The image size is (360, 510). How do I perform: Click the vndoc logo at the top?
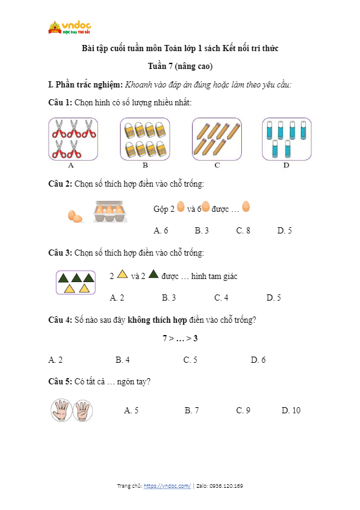point(70,27)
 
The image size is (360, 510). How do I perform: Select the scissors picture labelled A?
point(73,139)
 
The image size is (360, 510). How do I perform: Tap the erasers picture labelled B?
point(145,139)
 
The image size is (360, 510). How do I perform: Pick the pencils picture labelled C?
point(217,139)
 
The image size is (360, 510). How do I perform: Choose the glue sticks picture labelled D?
point(287,139)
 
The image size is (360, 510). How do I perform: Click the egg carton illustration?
point(110,212)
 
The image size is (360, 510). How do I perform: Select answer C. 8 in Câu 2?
point(243,230)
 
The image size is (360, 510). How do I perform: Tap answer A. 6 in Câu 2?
point(161,230)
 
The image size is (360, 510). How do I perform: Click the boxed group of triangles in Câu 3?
point(76,282)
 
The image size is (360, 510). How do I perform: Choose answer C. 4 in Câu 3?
point(222,297)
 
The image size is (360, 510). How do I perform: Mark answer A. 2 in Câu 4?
point(55,360)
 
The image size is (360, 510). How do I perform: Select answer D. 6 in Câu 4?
point(258,360)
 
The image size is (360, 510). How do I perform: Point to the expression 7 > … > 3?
point(180,338)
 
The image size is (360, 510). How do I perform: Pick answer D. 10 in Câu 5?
point(291,410)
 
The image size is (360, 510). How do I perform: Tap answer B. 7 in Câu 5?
point(192,410)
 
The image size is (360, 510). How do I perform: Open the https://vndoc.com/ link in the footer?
point(167,486)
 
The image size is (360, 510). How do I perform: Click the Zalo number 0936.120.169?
point(226,486)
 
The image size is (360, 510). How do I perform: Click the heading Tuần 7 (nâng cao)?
point(180,66)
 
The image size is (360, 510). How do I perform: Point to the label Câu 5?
point(60,381)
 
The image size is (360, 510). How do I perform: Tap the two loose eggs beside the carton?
point(75,216)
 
